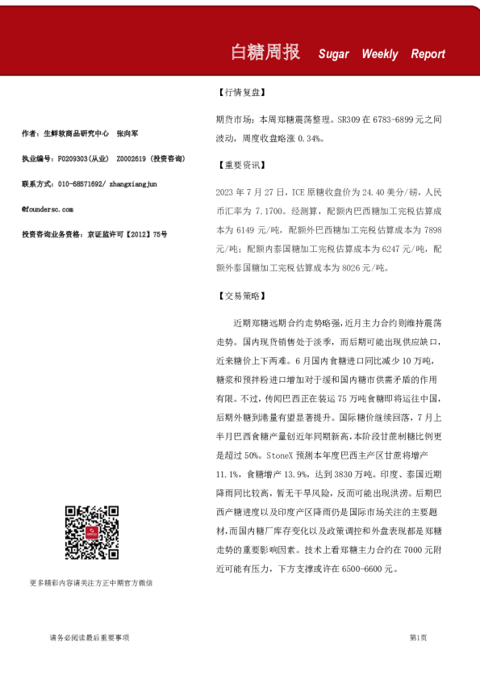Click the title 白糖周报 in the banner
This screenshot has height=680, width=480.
pos(265,52)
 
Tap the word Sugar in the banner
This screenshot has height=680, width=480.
pos(333,54)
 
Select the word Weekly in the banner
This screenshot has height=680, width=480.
pos(379,54)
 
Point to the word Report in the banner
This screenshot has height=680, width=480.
pos(428,54)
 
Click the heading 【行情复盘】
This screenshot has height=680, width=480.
pos(242,94)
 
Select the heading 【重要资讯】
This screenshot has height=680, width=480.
pos(242,166)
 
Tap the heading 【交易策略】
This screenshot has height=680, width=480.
pos(242,296)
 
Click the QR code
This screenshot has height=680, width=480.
pos(92,533)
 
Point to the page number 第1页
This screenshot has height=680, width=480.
pos(418,637)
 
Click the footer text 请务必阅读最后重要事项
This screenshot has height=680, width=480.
pos(90,637)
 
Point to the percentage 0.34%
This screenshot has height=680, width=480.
pos(311,138)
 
